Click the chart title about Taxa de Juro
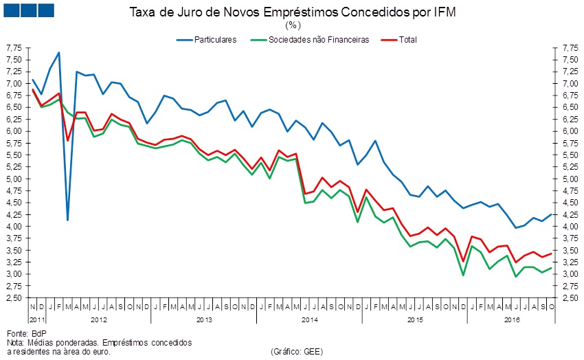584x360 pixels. (292, 12)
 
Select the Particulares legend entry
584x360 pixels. (215, 39)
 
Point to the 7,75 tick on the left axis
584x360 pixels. (14, 47)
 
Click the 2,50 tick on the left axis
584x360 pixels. (14, 298)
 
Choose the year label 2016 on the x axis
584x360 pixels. (512, 320)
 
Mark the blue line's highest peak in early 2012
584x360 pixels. (59, 53)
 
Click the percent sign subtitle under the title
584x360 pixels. (292, 25)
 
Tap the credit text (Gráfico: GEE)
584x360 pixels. (297, 351)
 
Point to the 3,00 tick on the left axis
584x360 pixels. (14, 274)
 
